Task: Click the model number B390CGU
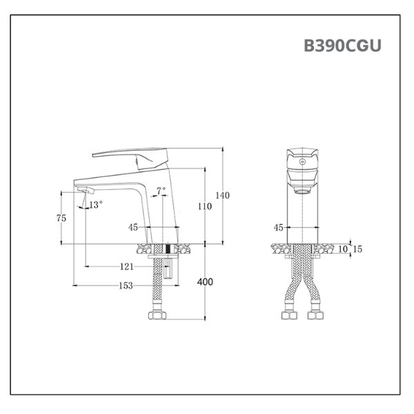pyautogui.click(x=342, y=46)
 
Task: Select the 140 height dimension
pyautogui.click(x=222, y=195)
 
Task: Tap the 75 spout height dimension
pyautogui.click(x=61, y=217)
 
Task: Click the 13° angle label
pyautogui.click(x=95, y=204)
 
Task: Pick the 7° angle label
pyautogui.click(x=161, y=190)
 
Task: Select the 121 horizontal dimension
pyautogui.click(x=127, y=266)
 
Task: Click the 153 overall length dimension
pyautogui.click(x=126, y=286)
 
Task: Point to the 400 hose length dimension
pyautogui.click(x=205, y=282)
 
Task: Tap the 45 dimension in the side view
pyautogui.click(x=133, y=227)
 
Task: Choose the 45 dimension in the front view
pyautogui.click(x=279, y=227)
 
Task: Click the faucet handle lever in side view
pyautogui.click(x=131, y=155)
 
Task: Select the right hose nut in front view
pyautogui.click(x=319, y=317)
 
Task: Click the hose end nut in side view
pyautogui.click(x=158, y=317)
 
